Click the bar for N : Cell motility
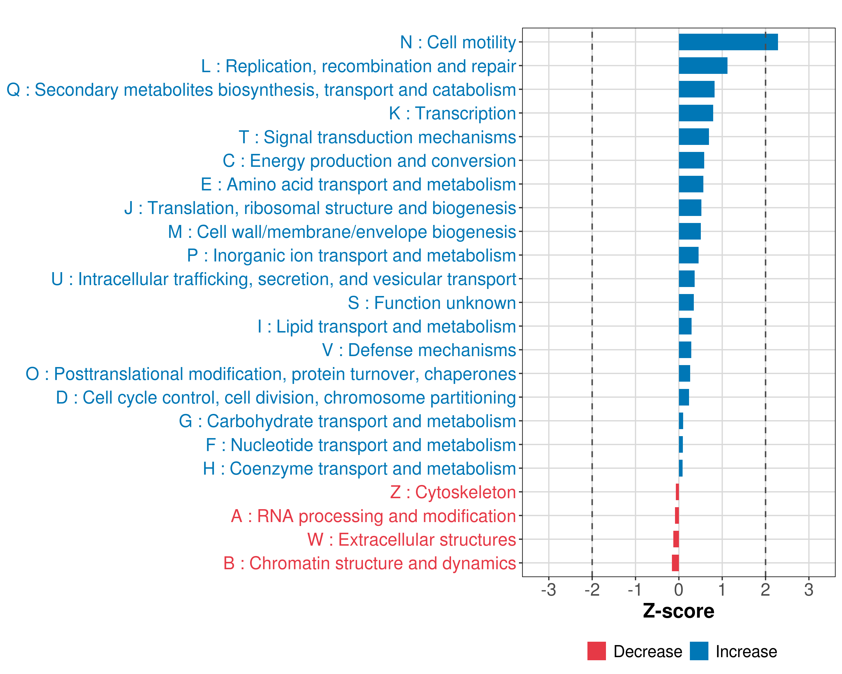pos(728,42)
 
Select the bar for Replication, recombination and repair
pos(703,66)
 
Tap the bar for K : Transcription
pos(695,113)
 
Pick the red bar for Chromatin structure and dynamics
pos(675,563)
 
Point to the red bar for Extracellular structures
pos(676,539)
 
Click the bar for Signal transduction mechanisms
pos(694,137)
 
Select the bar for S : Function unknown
pos(686,302)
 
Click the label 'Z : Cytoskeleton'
pos(453,492)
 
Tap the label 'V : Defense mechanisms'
pos(419,350)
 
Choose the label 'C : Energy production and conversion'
pos(369,161)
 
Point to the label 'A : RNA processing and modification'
pos(373,516)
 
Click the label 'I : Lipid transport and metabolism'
pos(387,327)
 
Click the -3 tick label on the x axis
pos(548,589)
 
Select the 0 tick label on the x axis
pos(679,589)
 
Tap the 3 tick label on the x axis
pos(809,589)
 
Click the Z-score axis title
pos(679,611)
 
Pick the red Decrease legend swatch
pos(596,651)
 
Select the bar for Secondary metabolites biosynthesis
pos(697,90)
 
